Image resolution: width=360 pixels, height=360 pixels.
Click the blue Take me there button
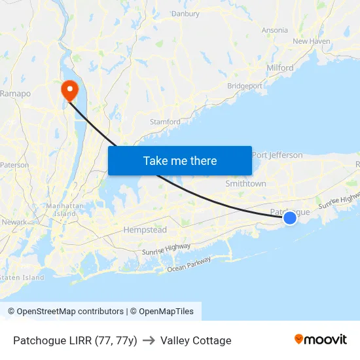[180, 160]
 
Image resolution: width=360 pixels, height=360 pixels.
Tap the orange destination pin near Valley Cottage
[69, 90]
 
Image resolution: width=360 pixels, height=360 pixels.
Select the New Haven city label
[312, 41]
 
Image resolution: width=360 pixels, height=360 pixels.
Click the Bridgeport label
[245, 86]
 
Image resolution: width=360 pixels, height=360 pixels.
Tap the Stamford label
[165, 122]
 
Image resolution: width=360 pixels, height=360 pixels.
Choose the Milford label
[280, 67]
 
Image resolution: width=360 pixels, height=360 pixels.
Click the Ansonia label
[274, 30]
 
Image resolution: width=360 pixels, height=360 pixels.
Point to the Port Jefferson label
[278, 155]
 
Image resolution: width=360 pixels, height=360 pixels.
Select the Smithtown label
[245, 184]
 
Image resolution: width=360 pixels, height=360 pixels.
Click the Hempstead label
[145, 230]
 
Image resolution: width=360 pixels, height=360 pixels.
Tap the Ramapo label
[15, 94]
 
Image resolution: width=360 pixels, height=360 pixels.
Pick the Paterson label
[14, 165]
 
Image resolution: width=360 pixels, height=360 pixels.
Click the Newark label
[14, 222]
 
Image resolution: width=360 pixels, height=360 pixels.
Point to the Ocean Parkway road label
[189, 264]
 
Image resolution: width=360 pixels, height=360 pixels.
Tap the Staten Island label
[22, 278]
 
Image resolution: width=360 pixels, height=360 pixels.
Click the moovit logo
[321, 340]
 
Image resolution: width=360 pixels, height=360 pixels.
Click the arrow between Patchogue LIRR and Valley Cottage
[149, 340]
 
